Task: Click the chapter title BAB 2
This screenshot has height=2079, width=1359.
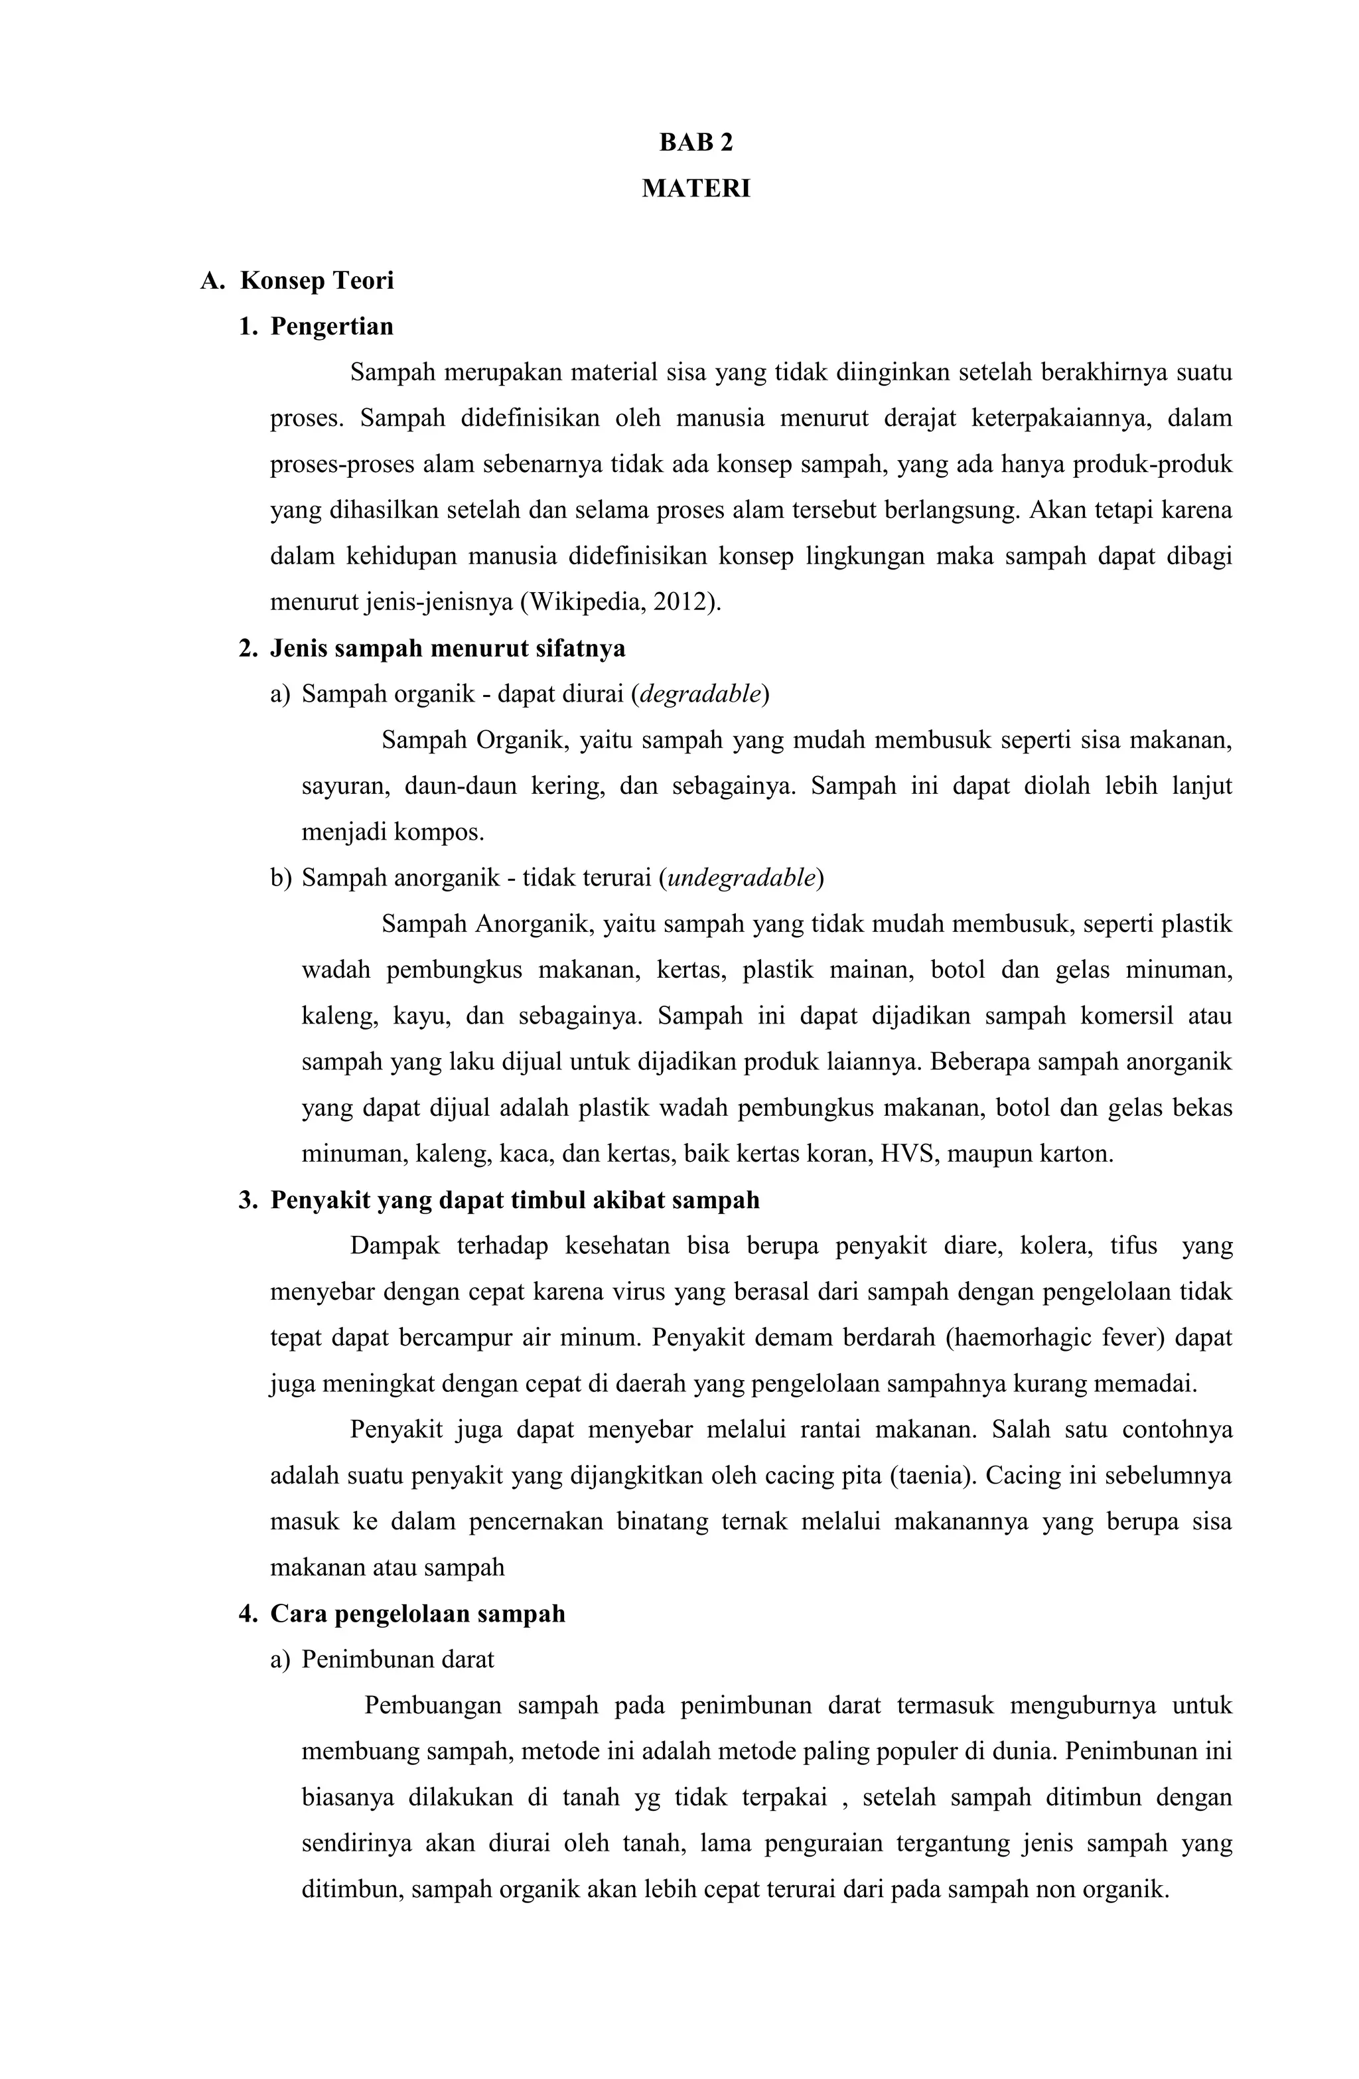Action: [695, 143]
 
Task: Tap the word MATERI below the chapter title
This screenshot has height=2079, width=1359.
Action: [695, 189]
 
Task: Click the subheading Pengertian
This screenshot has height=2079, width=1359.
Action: [331, 327]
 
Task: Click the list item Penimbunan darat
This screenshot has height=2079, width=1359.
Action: [397, 1659]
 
